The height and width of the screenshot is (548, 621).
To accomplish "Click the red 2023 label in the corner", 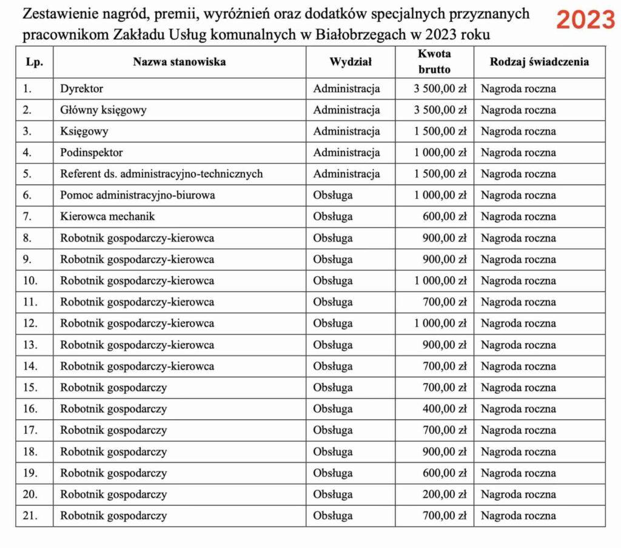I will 585,20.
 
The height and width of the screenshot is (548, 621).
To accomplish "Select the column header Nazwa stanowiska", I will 180,61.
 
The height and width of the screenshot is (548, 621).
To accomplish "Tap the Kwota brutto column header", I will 434,61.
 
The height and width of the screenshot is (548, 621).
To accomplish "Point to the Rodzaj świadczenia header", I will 540,61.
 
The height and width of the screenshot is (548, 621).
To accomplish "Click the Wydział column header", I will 351,61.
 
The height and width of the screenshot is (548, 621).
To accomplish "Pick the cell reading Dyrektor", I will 82,89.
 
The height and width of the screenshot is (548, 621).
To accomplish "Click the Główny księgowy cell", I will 103,110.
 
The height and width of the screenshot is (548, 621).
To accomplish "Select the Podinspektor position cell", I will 91,152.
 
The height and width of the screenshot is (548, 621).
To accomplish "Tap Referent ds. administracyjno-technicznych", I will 161,174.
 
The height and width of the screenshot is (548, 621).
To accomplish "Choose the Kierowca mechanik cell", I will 107,217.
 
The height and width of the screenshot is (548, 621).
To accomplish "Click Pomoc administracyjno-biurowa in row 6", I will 138,195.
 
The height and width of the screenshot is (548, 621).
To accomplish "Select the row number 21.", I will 30,516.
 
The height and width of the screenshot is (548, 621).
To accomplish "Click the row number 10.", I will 30,281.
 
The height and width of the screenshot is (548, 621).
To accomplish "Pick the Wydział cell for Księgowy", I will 346,131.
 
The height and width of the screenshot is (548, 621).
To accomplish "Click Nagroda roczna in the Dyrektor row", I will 518,89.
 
